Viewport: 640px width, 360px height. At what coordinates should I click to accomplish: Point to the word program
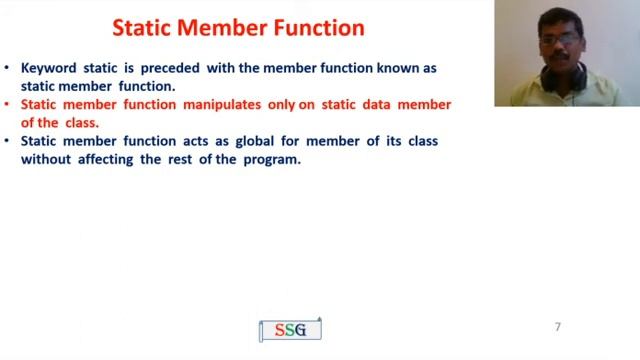(271, 159)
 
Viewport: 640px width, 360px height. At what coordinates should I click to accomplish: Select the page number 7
(558, 327)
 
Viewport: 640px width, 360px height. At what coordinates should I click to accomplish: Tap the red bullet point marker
(8, 105)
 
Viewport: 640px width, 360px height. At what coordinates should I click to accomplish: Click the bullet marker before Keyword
(8, 68)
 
